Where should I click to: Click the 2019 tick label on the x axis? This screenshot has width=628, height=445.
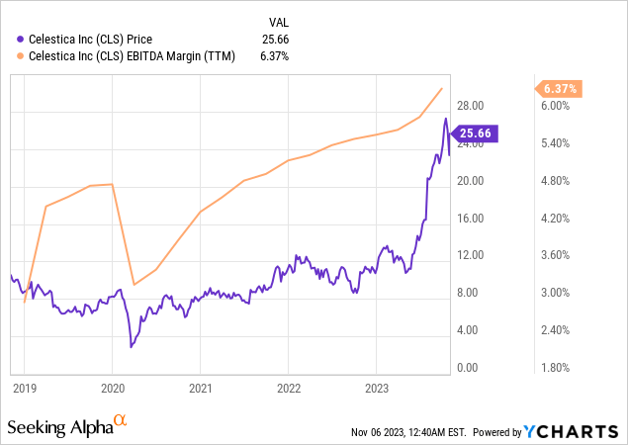click(24, 389)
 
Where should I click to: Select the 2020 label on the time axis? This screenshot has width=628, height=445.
click(113, 389)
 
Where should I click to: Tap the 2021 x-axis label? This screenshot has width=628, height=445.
click(201, 389)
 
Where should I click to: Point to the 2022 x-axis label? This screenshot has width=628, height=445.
click(289, 389)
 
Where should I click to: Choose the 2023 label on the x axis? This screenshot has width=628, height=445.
click(377, 389)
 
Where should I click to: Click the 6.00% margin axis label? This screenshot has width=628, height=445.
click(557, 106)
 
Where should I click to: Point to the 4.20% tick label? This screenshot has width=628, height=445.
click(557, 218)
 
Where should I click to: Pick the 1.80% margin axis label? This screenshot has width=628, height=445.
click(557, 367)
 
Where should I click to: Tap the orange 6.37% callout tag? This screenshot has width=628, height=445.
click(560, 89)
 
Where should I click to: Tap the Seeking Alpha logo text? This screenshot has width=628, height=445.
click(59, 427)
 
